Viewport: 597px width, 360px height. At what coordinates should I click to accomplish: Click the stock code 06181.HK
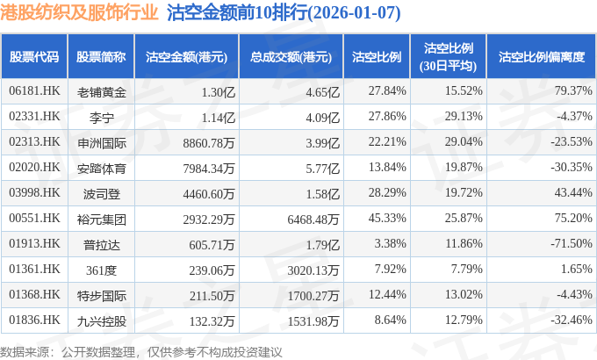(34, 90)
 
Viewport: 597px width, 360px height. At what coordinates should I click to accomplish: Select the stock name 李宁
(101, 116)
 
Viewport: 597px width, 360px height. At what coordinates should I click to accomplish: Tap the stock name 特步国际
(101, 294)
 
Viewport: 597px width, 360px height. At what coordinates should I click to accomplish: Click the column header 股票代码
(34, 57)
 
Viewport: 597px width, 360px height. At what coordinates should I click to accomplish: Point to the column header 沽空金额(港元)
(186, 57)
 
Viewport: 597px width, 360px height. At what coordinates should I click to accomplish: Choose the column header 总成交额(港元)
(291, 57)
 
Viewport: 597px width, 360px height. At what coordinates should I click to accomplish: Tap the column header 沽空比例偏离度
(541, 57)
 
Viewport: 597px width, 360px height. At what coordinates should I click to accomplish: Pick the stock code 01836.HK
(34, 320)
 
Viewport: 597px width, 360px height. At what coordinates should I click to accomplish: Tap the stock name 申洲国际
(101, 141)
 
